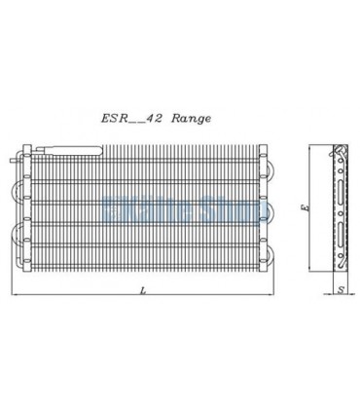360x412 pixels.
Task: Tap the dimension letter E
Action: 304,209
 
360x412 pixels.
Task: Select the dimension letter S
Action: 338,289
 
